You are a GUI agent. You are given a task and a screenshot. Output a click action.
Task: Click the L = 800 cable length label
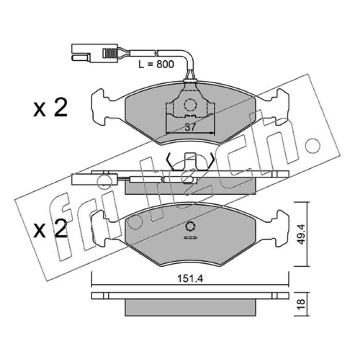tap(156, 64)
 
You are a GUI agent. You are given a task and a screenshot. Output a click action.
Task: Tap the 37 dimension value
tap(190, 127)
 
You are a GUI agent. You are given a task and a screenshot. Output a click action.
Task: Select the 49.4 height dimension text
tap(301, 234)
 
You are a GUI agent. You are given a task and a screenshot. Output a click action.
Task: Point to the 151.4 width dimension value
tap(190, 279)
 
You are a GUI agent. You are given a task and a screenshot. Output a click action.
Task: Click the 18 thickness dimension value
tap(301, 304)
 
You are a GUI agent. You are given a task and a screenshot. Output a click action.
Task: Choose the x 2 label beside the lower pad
tap(50, 228)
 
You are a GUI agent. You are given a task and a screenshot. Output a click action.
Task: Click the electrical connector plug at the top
tap(94, 53)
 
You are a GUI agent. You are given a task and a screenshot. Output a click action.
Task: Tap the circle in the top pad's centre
tap(190, 105)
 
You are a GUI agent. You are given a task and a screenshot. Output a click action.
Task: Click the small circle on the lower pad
tap(190, 227)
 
